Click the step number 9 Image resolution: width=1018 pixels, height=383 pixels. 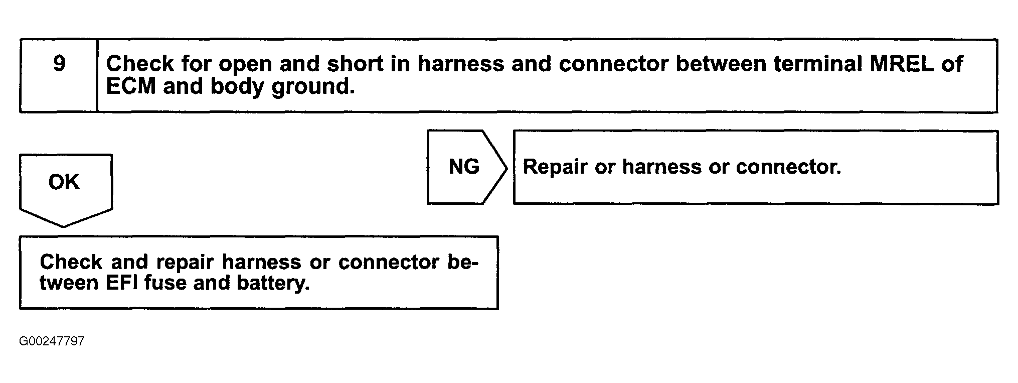point(59,64)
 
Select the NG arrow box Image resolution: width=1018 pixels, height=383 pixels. point(464,167)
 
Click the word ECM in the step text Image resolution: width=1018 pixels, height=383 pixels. point(131,87)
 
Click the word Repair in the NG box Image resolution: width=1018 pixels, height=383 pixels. point(555,167)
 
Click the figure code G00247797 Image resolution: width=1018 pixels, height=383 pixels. point(52,342)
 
